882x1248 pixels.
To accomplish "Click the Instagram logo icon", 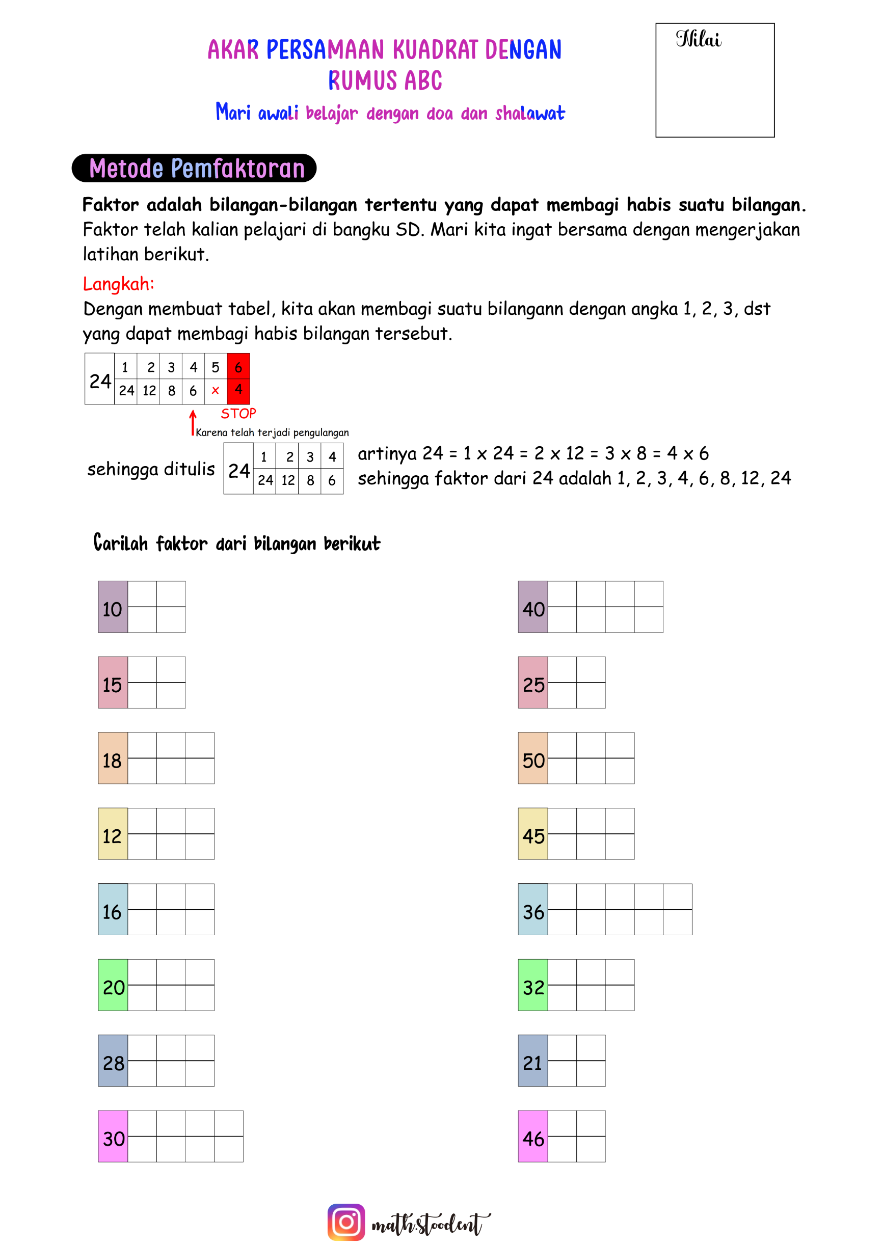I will (346, 1222).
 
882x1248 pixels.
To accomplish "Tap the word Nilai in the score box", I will (698, 40).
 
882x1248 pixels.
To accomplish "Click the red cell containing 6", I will (238, 367).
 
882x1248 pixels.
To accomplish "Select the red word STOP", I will (238, 414).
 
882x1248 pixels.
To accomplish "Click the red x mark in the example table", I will (216, 391).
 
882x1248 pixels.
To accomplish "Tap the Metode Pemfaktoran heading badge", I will (194, 169).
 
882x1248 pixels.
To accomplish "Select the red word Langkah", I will (119, 284).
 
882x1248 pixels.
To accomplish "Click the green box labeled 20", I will (113, 985).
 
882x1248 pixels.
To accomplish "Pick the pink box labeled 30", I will (113, 1136).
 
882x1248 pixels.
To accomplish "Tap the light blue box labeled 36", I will (533, 909).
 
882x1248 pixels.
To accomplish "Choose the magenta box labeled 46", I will (533, 1136).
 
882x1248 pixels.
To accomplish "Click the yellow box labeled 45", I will (533, 834).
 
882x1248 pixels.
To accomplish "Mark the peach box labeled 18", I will (113, 758).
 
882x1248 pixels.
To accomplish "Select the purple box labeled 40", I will (533, 607).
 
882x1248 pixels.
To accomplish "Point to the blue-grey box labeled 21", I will (533, 1061).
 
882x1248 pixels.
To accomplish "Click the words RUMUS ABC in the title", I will (385, 81).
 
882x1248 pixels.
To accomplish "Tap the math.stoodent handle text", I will (430, 1224).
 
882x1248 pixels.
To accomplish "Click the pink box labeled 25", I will (533, 682).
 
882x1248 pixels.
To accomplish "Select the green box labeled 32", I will (533, 985).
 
